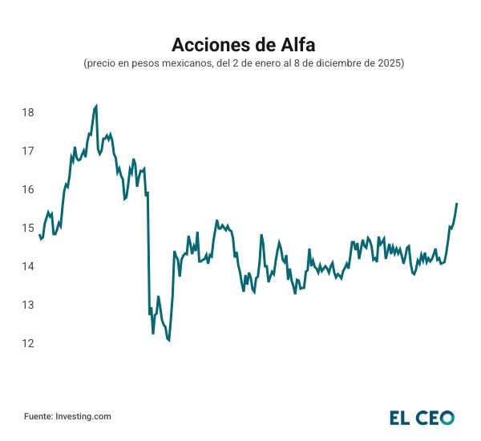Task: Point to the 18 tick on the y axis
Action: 28,112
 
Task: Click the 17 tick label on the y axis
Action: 28,151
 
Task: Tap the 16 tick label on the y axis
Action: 28,189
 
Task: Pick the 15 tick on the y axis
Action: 28,228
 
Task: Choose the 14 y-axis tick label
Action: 28,266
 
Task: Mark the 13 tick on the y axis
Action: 28,305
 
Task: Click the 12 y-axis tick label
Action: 28,343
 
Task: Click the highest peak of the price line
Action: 96,106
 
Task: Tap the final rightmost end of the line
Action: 457,204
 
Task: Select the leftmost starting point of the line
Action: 38,235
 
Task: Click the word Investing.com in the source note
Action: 83,416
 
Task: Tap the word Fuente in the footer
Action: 37,416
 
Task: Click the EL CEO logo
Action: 422,417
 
